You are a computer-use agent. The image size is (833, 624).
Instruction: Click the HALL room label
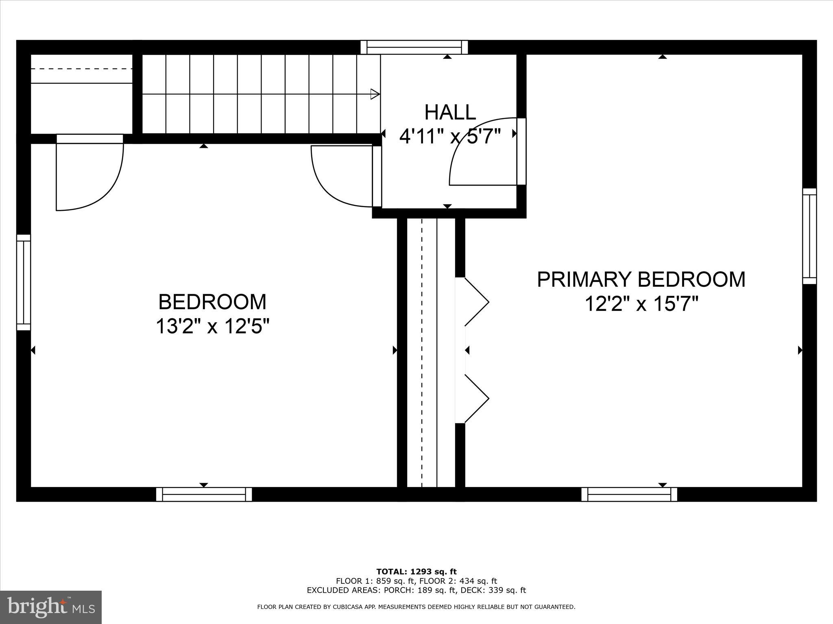pyautogui.click(x=450, y=113)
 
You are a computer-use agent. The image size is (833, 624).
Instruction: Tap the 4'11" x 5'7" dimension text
pyautogui.click(x=450, y=136)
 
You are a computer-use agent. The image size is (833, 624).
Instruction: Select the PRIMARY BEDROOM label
pyautogui.click(x=641, y=279)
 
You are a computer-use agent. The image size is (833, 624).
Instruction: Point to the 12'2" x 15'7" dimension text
pyautogui.click(x=641, y=304)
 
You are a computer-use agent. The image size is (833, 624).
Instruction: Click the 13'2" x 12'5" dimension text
pyautogui.click(x=212, y=326)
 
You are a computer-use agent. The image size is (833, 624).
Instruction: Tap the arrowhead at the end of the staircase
pyautogui.click(x=375, y=94)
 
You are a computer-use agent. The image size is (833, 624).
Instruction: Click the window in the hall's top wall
pyautogui.click(x=414, y=47)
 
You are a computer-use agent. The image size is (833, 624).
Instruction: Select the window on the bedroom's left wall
pyautogui.click(x=24, y=282)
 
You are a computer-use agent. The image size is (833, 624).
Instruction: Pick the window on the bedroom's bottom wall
pyautogui.click(x=204, y=494)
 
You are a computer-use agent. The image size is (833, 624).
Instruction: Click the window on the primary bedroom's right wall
pyautogui.click(x=809, y=236)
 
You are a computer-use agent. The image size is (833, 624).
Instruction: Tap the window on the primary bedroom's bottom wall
pyautogui.click(x=629, y=494)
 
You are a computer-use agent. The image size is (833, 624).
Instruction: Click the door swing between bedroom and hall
pyautogui.click(x=342, y=177)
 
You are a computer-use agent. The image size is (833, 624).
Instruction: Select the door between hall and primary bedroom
pyautogui.click(x=484, y=152)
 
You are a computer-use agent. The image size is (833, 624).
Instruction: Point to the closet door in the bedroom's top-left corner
pyautogui.click(x=89, y=175)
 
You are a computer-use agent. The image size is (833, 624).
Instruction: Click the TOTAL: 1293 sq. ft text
pyautogui.click(x=416, y=572)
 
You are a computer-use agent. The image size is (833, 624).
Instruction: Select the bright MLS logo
pyautogui.click(x=51, y=607)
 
